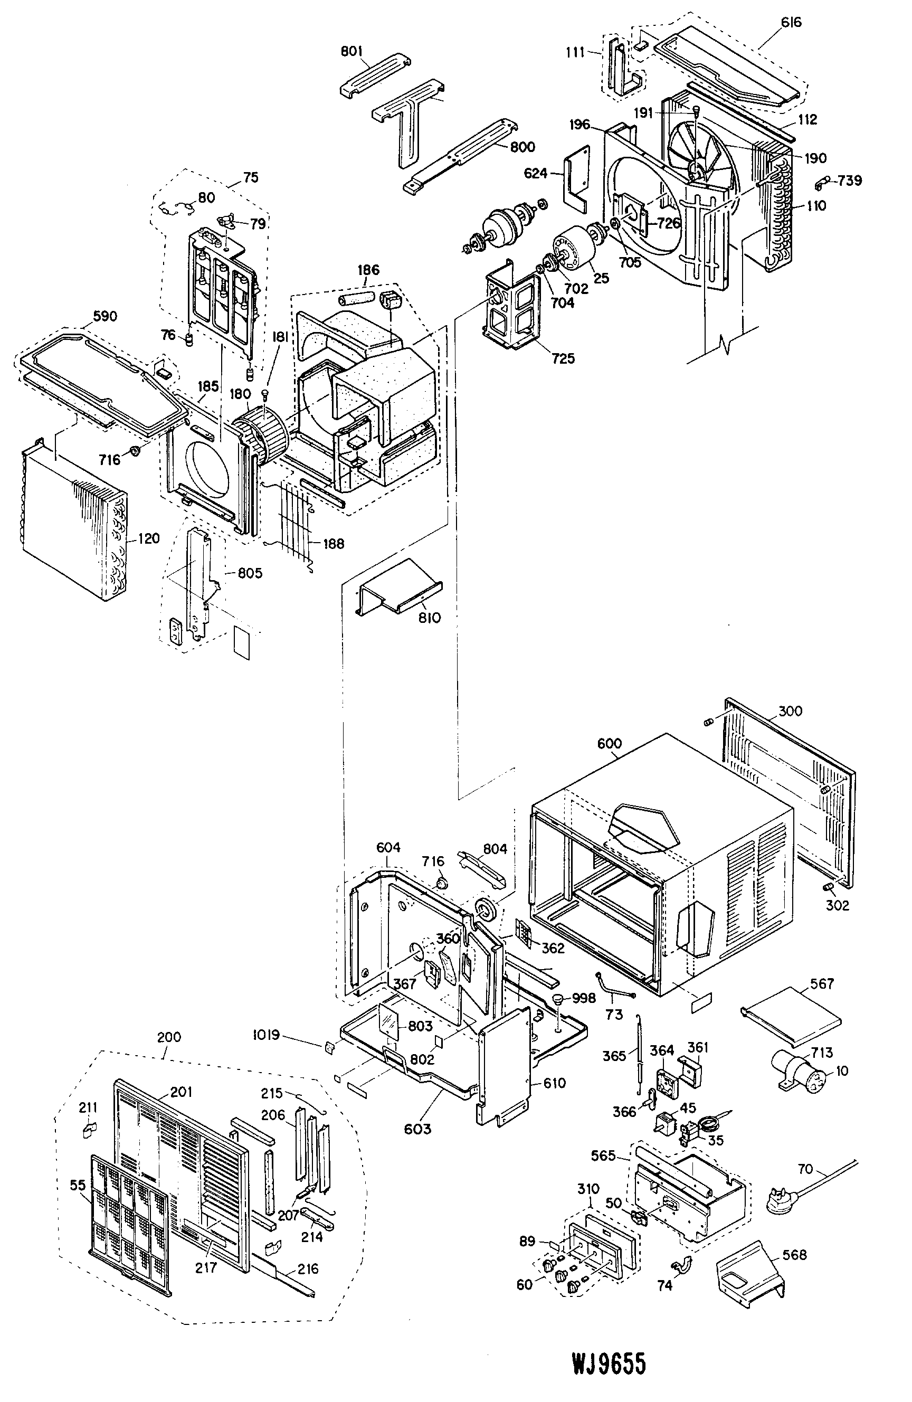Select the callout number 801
351,51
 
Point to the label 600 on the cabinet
609,743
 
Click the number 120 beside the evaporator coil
148,538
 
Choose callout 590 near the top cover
105,316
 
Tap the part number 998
584,998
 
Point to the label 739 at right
850,180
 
